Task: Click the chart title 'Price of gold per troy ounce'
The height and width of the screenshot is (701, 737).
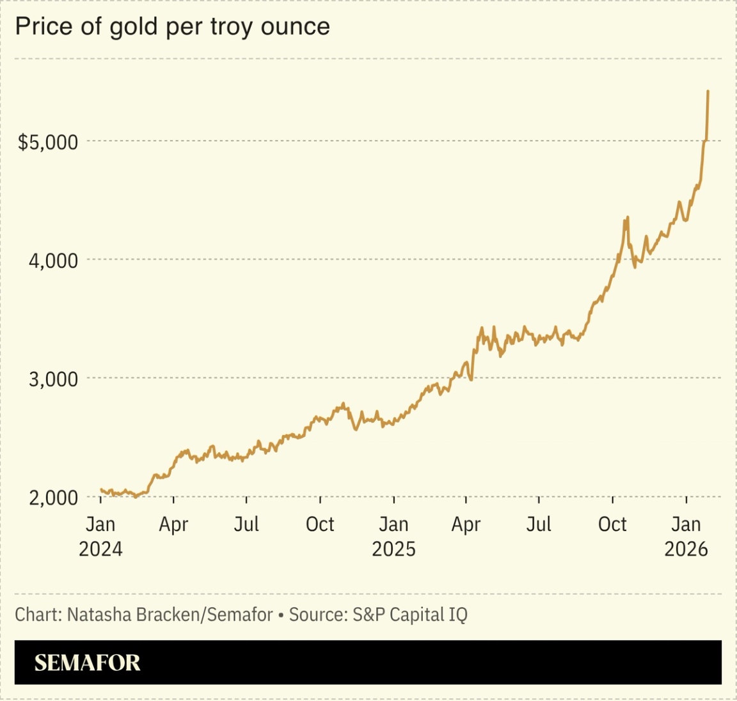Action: pyautogui.click(x=172, y=27)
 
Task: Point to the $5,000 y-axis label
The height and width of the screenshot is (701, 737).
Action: pyautogui.click(x=48, y=142)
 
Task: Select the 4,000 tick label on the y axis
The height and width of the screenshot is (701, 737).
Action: pyautogui.click(x=53, y=260)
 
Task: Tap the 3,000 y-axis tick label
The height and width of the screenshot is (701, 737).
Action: pyautogui.click(x=53, y=379)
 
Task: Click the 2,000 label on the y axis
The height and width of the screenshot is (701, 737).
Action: pyautogui.click(x=53, y=498)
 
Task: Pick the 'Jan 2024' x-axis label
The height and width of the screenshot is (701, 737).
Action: pyautogui.click(x=100, y=536)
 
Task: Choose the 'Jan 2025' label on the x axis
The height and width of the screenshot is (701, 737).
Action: pyautogui.click(x=393, y=536)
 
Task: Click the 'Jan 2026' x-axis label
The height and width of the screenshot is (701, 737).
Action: pyautogui.click(x=686, y=536)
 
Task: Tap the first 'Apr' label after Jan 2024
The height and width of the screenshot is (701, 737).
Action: pyautogui.click(x=173, y=524)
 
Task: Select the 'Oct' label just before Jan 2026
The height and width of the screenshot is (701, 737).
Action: pyautogui.click(x=612, y=524)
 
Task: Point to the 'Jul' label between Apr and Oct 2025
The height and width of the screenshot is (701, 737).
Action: pyautogui.click(x=539, y=524)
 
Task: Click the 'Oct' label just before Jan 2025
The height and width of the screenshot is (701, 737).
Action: pyautogui.click(x=320, y=524)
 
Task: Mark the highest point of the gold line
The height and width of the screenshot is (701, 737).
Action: pyautogui.click(x=708, y=91)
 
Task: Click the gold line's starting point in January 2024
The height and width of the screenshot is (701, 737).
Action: pyautogui.click(x=101, y=490)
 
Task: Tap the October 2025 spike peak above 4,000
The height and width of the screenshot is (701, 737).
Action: pyautogui.click(x=628, y=217)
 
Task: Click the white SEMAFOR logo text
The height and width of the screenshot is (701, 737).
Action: pyautogui.click(x=87, y=663)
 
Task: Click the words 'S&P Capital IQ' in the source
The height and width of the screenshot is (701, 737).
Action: pyautogui.click(x=409, y=615)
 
